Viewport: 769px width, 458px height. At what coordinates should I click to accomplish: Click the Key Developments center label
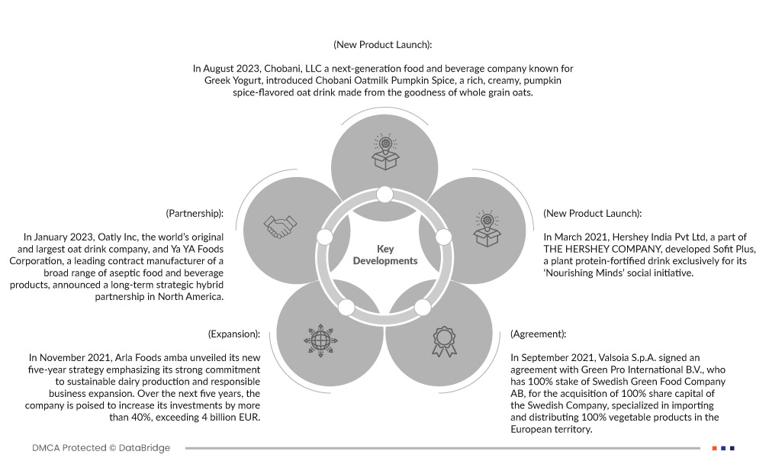tap(384, 255)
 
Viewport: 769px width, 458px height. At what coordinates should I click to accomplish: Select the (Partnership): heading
tap(195, 213)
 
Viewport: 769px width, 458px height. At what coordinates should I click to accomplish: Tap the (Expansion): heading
tap(234, 334)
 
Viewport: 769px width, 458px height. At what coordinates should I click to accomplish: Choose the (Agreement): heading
tap(539, 334)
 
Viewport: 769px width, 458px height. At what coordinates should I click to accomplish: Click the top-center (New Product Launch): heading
tap(383, 45)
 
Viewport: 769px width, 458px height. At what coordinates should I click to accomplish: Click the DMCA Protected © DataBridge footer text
tap(101, 448)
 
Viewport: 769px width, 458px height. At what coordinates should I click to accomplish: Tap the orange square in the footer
tap(714, 448)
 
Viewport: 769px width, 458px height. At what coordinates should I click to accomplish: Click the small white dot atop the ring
tap(384, 195)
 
